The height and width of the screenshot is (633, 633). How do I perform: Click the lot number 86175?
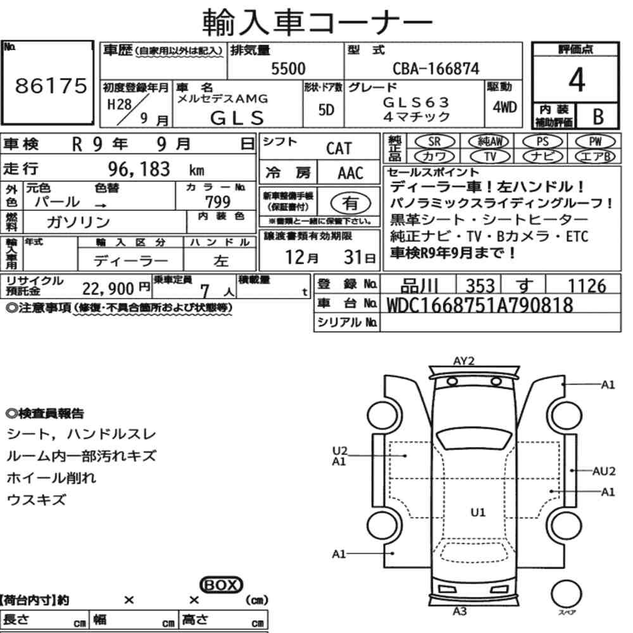pyautogui.click(x=51, y=85)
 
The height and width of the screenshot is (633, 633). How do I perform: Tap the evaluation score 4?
pyautogui.click(x=577, y=80)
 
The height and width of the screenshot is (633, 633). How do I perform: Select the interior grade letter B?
pyautogui.click(x=598, y=116)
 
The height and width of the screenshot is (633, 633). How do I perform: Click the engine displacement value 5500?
pyautogui.click(x=288, y=68)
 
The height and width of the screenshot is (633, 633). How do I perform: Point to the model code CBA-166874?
pyautogui.click(x=436, y=68)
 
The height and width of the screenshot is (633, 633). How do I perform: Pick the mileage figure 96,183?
pyautogui.click(x=139, y=169)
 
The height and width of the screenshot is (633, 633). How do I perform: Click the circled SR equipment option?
pyautogui.click(x=434, y=142)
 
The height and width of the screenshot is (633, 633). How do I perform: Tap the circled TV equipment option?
pyautogui.click(x=490, y=156)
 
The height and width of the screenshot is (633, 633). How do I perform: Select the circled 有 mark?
pyautogui.click(x=351, y=203)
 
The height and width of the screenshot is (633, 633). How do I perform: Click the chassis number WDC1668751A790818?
pyautogui.click(x=480, y=305)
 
